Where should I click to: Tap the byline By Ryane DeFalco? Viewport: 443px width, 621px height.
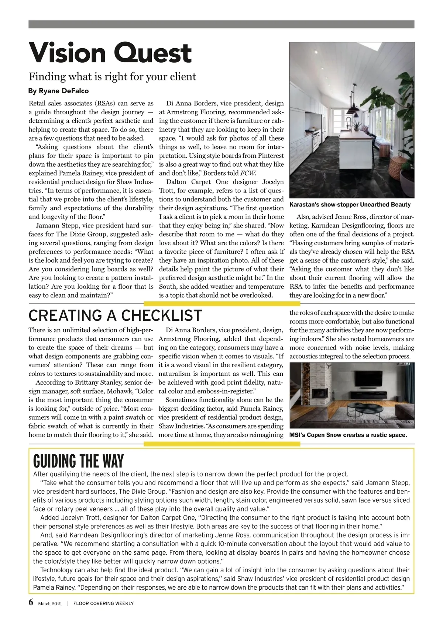coord(58,91)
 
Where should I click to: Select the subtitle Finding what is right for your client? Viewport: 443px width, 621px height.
coord(113,76)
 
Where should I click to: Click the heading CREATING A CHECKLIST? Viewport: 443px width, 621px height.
coord(115,316)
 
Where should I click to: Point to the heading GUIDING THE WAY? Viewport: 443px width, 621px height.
coord(78,461)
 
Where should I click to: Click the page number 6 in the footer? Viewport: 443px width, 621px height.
coord(31,603)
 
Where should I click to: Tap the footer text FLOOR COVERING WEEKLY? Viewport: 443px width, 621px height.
coord(103,604)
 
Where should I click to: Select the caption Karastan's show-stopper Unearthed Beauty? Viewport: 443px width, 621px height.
coord(350,204)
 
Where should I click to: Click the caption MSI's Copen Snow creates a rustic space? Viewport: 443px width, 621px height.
coord(348,435)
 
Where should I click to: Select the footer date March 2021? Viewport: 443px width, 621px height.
coord(50,604)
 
